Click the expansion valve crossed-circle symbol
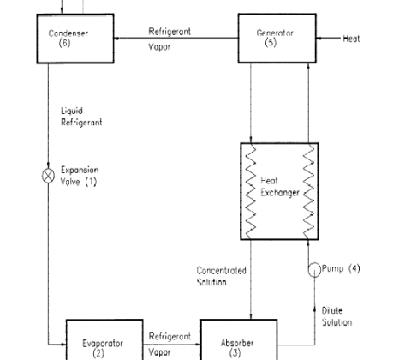[48, 176]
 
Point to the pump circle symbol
[314, 270]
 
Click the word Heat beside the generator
[351, 39]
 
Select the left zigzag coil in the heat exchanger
[251, 191]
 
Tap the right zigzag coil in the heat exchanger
[308, 191]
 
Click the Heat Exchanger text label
[280, 187]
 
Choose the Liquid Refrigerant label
[81, 117]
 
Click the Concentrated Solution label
[221, 276]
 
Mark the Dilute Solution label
[336, 316]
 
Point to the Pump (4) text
[341, 268]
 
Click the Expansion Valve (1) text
[80, 176]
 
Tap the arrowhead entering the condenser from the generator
[117, 39]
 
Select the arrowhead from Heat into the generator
[320, 39]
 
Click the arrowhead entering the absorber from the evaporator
[198, 345]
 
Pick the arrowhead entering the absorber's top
[251, 316]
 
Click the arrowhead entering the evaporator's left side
[63, 345]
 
